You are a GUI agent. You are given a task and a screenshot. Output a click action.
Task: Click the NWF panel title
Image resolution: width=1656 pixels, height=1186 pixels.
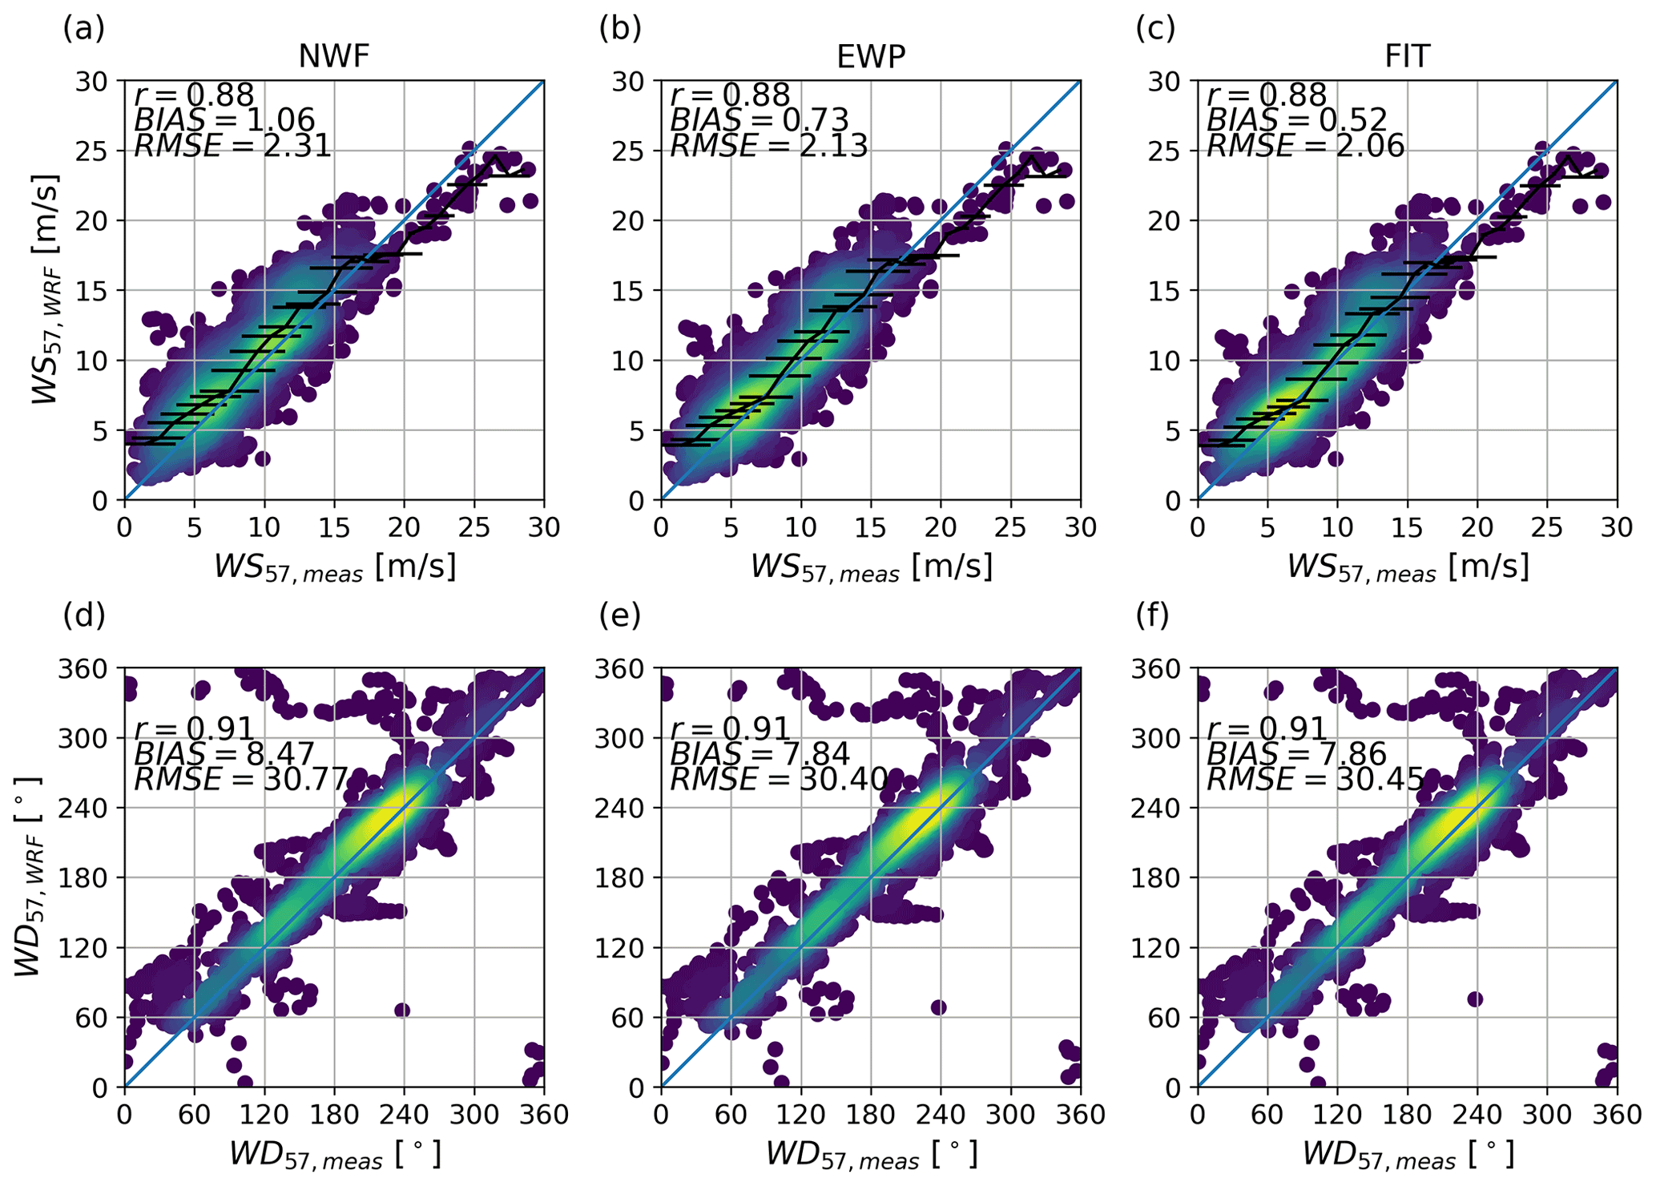(x=334, y=57)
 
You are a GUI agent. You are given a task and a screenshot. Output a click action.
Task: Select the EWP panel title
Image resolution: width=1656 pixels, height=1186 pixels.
(x=871, y=57)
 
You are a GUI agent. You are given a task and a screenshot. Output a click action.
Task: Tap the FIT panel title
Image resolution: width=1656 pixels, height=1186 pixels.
(x=1407, y=57)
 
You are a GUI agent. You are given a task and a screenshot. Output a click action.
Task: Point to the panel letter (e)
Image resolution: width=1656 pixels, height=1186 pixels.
(x=620, y=615)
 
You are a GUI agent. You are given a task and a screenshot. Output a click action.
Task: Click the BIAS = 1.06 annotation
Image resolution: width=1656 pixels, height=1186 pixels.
(x=224, y=120)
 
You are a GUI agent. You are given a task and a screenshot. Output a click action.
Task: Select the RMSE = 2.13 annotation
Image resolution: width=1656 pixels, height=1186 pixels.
(x=769, y=146)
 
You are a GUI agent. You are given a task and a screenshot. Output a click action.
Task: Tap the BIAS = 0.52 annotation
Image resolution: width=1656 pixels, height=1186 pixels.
(x=1297, y=120)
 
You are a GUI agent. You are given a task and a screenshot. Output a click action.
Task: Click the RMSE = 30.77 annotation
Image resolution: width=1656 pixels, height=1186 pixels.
(x=240, y=779)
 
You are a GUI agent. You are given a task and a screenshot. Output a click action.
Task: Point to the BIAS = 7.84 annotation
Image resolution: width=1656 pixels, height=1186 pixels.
(x=760, y=754)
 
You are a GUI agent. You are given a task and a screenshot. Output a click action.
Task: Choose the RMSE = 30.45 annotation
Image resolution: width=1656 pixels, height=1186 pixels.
(x=1316, y=779)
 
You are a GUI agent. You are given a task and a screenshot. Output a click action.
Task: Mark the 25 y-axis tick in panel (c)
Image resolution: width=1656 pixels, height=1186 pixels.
(x=1165, y=151)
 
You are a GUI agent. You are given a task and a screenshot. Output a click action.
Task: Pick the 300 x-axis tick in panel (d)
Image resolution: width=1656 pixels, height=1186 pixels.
(x=474, y=1115)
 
